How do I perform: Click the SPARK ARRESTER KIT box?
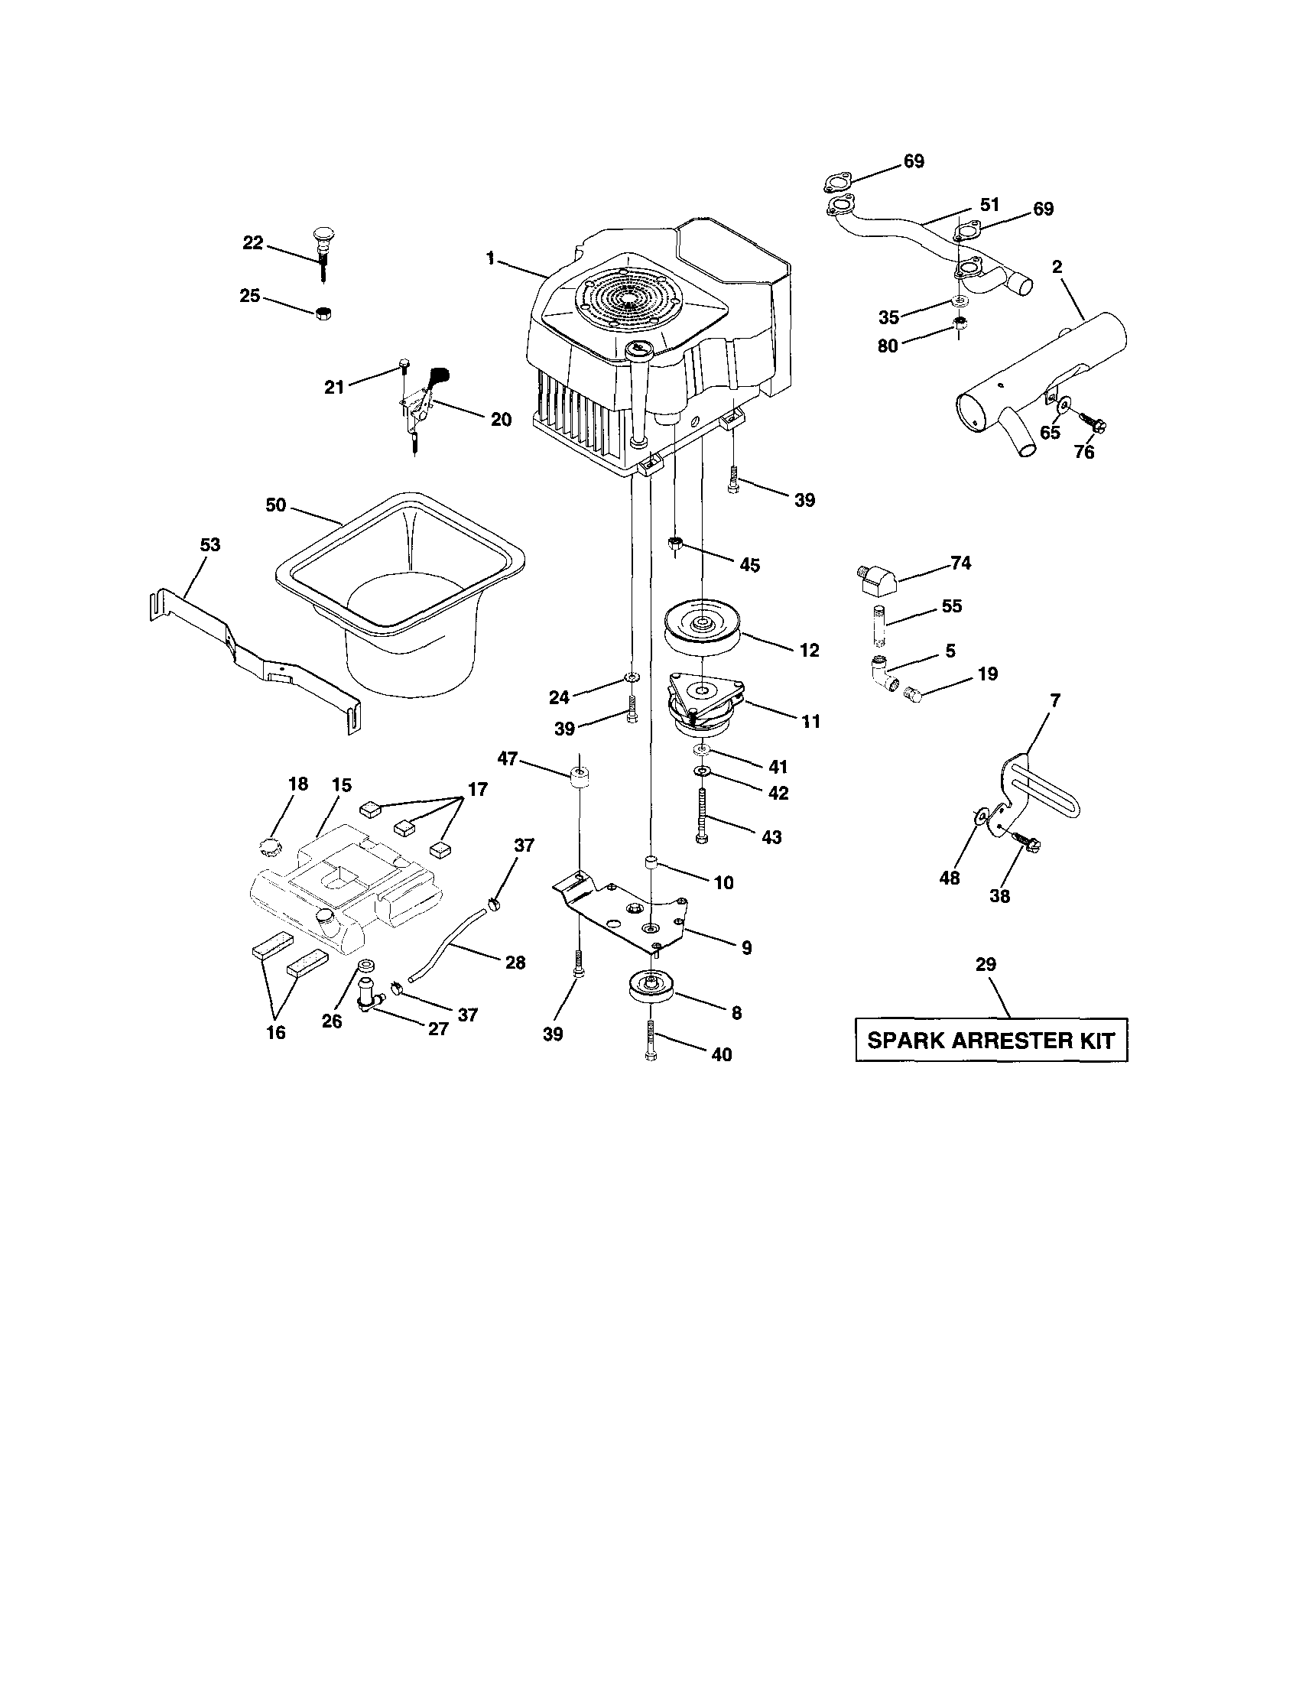pyautogui.click(x=991, y=1040)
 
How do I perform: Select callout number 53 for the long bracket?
pyautogui.click(x=209, y=545)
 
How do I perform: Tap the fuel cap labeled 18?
pyautogui.click(x=268, y=844)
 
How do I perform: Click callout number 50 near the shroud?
pyautogui.click(x=275, y=505)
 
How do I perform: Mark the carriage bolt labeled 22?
pyautogui.click(x=322, y=250)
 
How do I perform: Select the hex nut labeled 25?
pyautogui.click(x=324, y=313)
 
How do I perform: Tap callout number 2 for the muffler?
pyautogui.click(x=1057, y=267)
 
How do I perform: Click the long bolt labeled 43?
pyautogui.click(x=703, y=815)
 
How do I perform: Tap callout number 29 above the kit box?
pyautogui.click(x=986, y=964)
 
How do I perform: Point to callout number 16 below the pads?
pyautogui.click(x=275, y=1032)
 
